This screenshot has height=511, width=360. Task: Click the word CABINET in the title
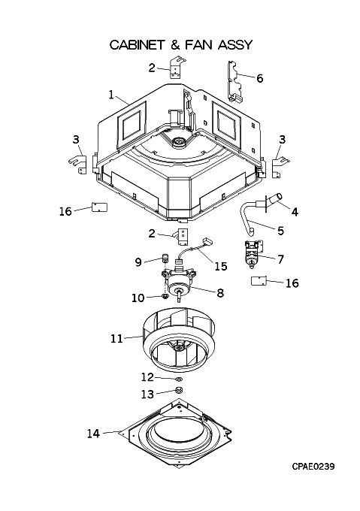pyautogui.click(x=137, y=44)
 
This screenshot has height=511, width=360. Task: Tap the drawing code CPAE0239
pyautogui.click(x=313, y=467)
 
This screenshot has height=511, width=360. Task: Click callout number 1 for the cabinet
pyautogui.click(x=111, y=95)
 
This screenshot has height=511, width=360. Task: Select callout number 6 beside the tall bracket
pyautogui.click(x=259, y=78)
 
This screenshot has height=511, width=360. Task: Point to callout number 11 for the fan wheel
pyautogui.click(x=116, y=339)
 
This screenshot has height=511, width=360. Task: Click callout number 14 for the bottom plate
pyautogui.click(x=93, y=434)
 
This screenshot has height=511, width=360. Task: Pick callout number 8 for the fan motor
pyautogui.click(x=220, y=292)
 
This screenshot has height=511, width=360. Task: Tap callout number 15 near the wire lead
pyautogui.click(x=220, y=266)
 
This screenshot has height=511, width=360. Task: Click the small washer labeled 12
pyautogui.click(x=179, y=379)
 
